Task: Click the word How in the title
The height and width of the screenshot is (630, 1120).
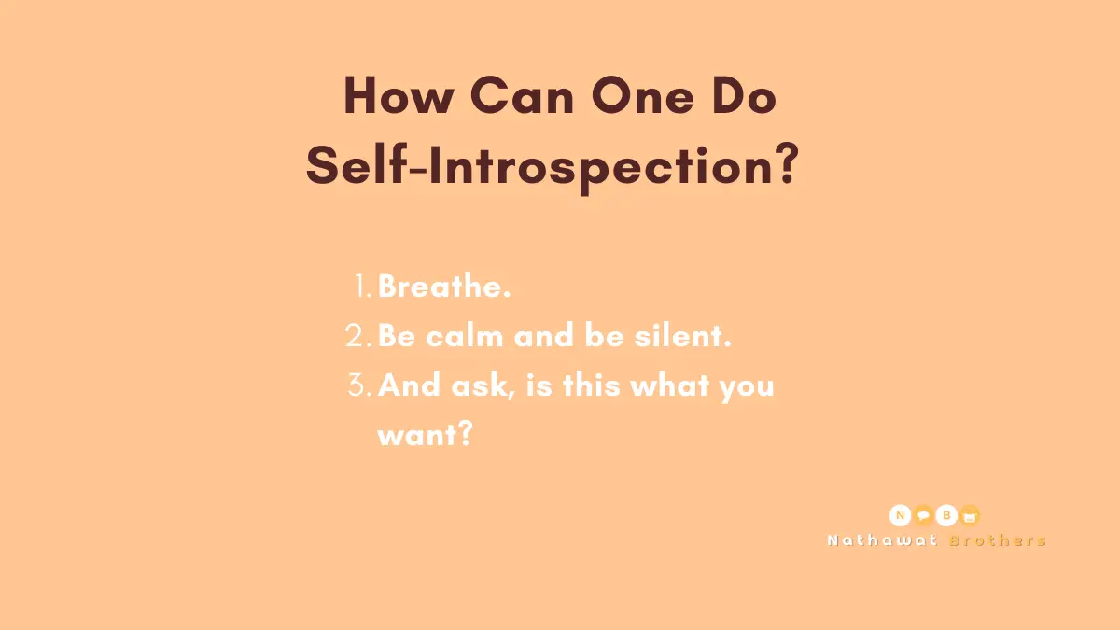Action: point(399,95)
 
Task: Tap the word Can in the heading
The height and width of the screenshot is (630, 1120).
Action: point(522,95)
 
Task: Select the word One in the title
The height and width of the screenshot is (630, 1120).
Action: point(642,95)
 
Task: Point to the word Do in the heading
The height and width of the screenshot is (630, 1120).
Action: point(745,95)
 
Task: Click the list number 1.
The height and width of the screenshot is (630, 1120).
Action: point(361,286)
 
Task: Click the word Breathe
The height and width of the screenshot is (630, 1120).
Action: point(444,286)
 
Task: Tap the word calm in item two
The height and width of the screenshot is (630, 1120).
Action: point(465,335)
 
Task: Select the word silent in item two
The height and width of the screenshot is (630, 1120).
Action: point(682,335)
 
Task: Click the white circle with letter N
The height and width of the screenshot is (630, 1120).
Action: point(900,515)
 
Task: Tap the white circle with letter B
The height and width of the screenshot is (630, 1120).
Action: point(946,515)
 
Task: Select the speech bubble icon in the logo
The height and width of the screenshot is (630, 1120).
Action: point(923,515)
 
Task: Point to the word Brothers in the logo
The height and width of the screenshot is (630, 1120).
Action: point(998,540)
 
